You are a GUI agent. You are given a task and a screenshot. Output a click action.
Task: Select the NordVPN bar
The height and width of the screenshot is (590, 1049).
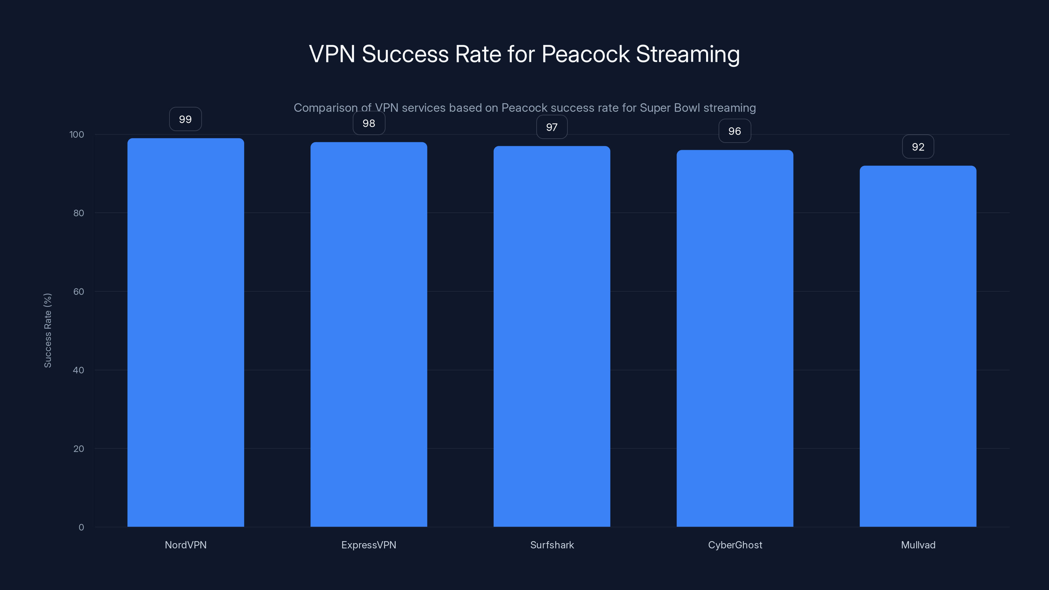(x=186, y=332)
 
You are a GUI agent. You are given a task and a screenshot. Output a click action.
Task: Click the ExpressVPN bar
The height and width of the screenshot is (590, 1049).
(x=368, y=334)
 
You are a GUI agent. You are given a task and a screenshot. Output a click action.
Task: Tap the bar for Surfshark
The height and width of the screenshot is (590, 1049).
(x=552, y=336)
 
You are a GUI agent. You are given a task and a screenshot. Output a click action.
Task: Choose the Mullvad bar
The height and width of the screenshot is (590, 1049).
(x=918, y=346)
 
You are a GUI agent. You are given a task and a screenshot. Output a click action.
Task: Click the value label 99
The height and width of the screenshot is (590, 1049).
(x=185, y=119)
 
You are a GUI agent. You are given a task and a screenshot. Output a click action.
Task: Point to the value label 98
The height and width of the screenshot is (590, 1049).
(x=368, y=123)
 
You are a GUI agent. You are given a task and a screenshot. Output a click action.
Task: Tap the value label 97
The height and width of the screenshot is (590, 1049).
(x=552, y=128)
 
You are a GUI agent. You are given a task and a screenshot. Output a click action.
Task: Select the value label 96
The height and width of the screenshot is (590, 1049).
(x=735, y=131)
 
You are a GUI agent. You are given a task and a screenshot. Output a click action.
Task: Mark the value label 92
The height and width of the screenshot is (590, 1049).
(x=918, y=147)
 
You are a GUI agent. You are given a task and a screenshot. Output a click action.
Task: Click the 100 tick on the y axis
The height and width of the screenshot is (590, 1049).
(x=77, y=134)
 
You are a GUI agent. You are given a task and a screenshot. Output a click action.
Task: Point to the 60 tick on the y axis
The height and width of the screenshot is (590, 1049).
(x=79, y=291)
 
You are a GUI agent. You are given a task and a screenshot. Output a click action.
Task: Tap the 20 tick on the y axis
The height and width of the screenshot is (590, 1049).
(x=79, y=449)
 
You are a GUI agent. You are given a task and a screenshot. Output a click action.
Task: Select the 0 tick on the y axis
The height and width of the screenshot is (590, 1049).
(x=81, y=527)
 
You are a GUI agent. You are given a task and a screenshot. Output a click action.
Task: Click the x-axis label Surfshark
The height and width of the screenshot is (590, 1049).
(x=552, y=545)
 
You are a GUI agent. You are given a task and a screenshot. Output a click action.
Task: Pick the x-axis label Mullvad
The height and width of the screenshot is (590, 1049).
(x=918, y=545)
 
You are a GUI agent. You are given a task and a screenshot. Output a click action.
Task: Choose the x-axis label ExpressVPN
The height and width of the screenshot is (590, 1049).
(x=368, y=545)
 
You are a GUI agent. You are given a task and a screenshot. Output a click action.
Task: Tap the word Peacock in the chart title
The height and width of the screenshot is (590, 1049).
(x=585, y=54)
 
